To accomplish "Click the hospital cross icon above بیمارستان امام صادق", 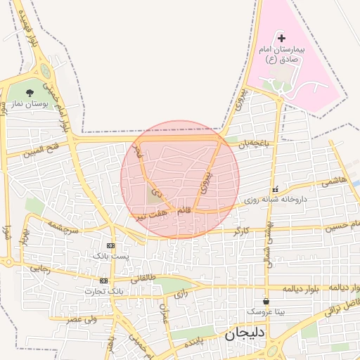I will [282, 37].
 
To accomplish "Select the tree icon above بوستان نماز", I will [30, 93].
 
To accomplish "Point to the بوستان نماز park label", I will [29, 104].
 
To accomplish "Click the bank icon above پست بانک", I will [110, 245].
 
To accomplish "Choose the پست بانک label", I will [111, 256].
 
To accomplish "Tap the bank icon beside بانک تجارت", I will [104, 281].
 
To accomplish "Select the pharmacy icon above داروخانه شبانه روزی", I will [275, 189].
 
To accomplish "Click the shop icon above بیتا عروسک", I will [266, 300].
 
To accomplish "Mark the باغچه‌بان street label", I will [254, 143].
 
